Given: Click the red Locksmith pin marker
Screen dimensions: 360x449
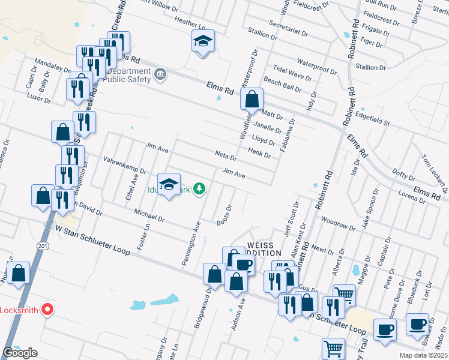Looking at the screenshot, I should tap(46, 310).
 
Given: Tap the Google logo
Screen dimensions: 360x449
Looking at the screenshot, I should tap(20, 353).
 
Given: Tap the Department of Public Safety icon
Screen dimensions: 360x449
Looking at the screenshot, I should tap(160, 74).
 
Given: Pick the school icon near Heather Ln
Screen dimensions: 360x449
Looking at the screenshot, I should tap(203, 41).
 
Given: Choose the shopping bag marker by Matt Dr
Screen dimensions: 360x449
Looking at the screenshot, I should tap(252, 98).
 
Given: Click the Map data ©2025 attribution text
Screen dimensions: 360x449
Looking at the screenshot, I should tap(423, 355).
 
